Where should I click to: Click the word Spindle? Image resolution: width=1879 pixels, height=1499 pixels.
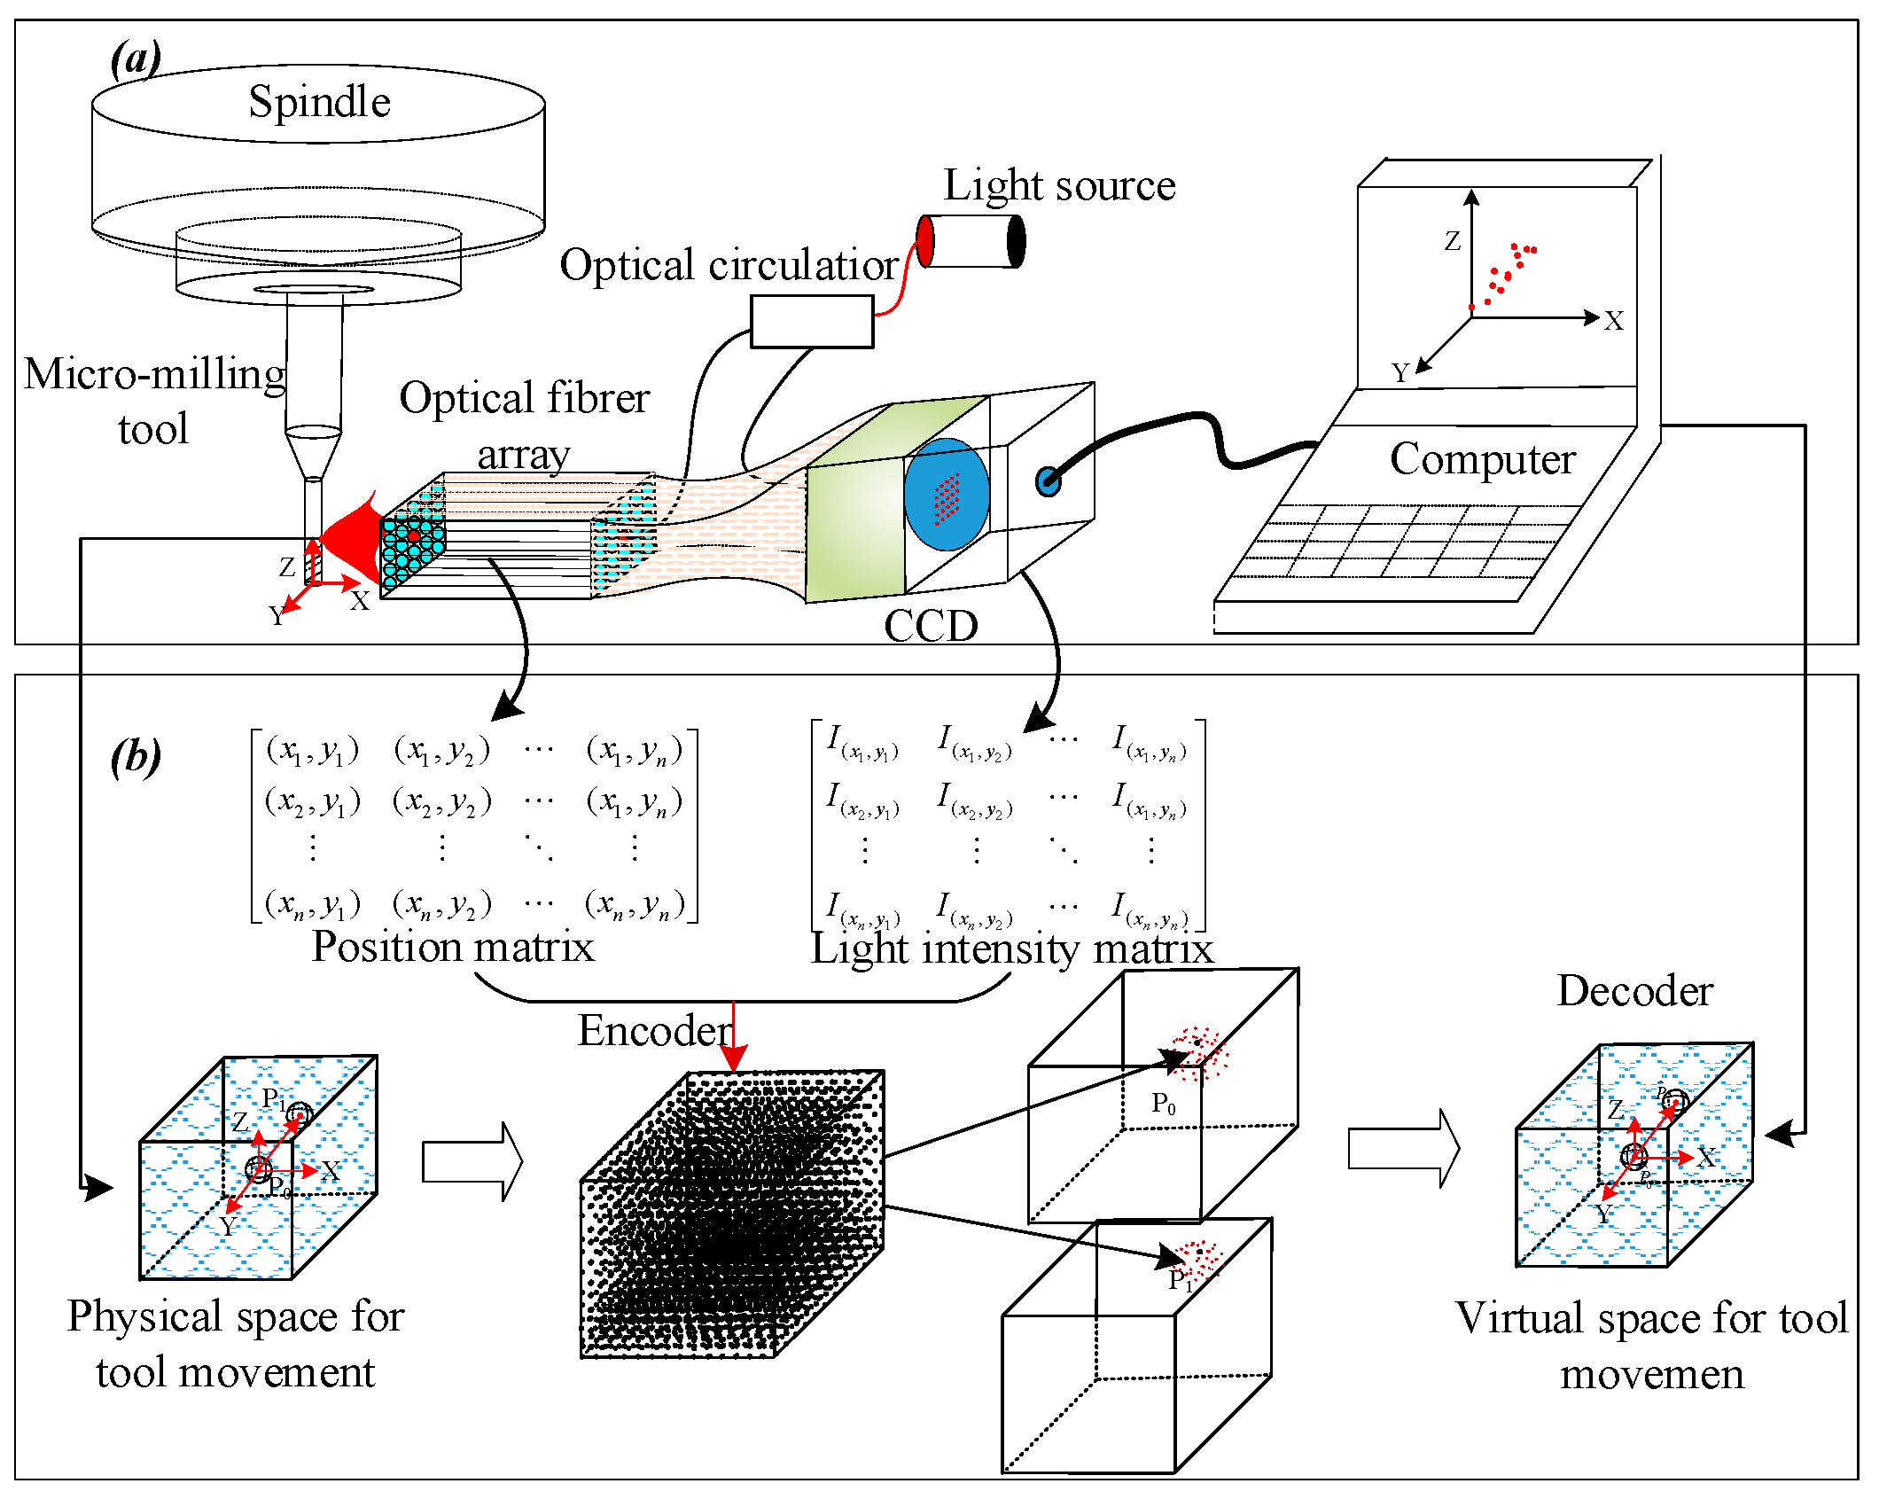[x=319, y=102]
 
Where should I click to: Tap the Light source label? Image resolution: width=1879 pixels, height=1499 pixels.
[x=1059, y=185]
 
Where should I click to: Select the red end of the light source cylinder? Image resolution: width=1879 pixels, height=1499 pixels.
[x=925, y=241]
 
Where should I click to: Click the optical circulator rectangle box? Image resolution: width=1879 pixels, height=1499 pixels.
[x=812, y=321]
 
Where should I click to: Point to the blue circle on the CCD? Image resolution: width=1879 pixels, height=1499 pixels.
[x=947, y=494]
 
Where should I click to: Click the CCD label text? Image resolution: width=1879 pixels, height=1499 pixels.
[x=931, y=626]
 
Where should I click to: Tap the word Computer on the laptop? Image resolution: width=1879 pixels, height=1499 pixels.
[x=1482, y=459]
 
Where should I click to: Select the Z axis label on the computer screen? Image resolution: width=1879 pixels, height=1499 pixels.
[x=1452, y=241]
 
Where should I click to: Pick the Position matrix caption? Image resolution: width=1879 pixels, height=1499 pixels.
[x=453, y=947]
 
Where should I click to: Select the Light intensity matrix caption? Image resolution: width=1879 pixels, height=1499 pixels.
[x=1011, y=949]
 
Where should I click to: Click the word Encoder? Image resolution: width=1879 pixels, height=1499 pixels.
[x=654, y=1030]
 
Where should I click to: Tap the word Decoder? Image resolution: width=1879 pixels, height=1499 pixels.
[x=1634, y=990]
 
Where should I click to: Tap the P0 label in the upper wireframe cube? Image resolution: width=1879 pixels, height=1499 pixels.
[x=1164, y=1104]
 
